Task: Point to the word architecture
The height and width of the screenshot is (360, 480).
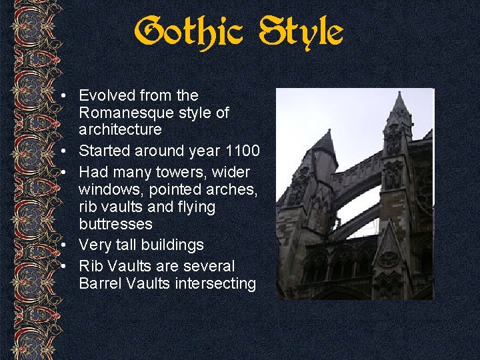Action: click(120, 129)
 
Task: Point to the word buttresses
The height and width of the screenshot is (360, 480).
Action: click(115, 224)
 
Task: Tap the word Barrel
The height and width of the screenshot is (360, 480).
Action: click(99, 283)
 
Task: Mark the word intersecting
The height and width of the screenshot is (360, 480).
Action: click(215, 283)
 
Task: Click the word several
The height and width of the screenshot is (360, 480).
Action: click(209, 266)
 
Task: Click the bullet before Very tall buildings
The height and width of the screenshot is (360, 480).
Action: click(62, 245)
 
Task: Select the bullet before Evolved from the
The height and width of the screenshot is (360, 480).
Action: click(62, 96)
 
